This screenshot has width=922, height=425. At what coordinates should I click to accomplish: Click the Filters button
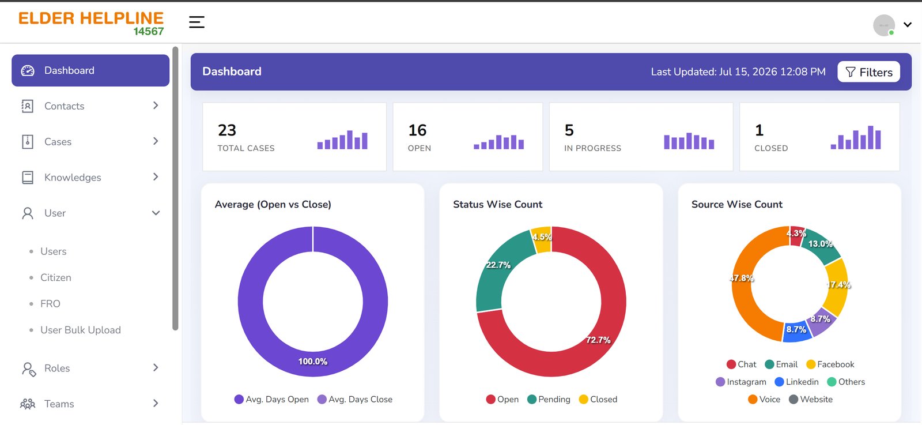point(868,72)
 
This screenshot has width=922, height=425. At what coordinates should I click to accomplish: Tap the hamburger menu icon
point(197,22)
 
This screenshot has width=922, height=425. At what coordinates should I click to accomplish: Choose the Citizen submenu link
point(55,277)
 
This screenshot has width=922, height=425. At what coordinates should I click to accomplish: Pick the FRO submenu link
point(50,304)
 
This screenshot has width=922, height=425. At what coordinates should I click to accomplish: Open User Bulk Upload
point(80,330)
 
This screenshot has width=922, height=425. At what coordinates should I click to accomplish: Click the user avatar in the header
point(884,25)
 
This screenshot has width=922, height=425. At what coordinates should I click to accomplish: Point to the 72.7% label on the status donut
point(598,340)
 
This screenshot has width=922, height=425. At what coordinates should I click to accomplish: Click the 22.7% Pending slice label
point(498,265)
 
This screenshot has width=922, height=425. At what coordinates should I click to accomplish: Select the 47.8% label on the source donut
point(741,278)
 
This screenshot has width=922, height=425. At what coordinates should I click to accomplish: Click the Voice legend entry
point(764,400)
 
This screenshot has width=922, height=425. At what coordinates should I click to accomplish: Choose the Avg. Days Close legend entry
point(355,400)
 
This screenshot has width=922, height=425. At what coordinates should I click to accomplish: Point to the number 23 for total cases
point(227,130)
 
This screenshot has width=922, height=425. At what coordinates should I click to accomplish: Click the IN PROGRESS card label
point(592,148)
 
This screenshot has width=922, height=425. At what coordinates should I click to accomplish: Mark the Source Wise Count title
point(737,204)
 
